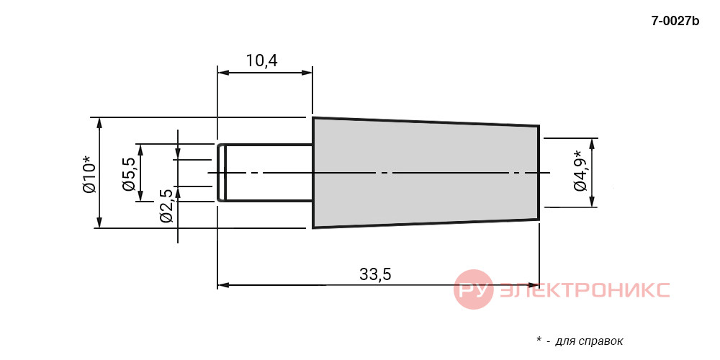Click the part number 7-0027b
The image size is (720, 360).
(675, 21)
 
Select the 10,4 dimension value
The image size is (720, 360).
(262, 60)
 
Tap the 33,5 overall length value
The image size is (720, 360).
(375, 274)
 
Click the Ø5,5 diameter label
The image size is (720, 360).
(129, 173)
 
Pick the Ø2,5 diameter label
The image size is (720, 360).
(167, 205)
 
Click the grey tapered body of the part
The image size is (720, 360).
(426, 172)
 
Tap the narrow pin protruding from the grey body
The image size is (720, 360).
(265, 173)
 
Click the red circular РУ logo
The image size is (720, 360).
(474, 289)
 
